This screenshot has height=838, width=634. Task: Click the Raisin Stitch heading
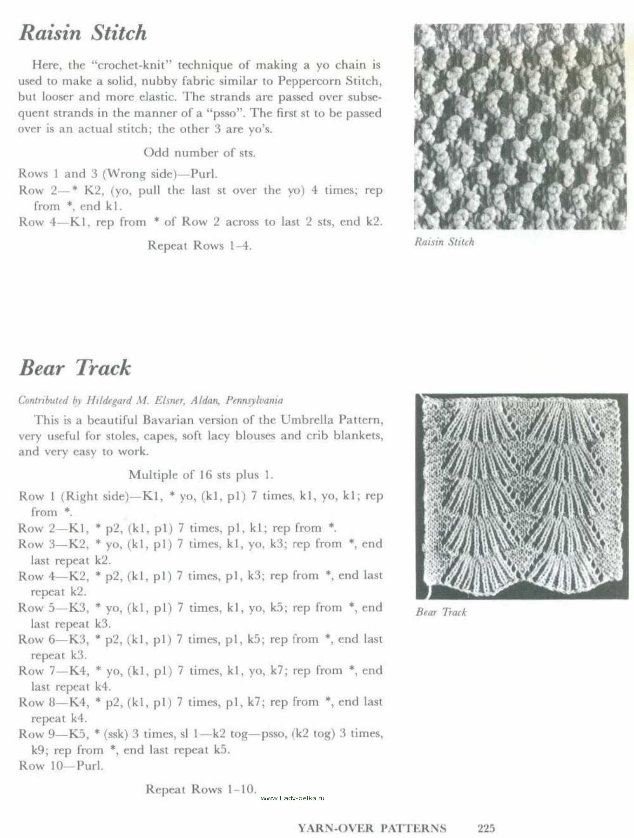(x=83, y=33)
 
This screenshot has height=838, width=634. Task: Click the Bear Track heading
(x=75, y=368)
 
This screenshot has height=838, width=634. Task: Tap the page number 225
(x=486, y=828)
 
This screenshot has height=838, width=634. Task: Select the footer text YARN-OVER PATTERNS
(x=371, y=828)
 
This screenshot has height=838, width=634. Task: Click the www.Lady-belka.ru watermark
(x=292, y=798)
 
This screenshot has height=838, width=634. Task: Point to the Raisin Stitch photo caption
(x=444, y=242)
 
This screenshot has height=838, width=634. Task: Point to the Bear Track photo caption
(x=441, y=612)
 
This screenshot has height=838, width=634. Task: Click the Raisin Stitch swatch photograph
(x=519, y=127)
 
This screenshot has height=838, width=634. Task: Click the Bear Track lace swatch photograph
(x=521, y=496)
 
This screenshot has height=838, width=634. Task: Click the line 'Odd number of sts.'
(x=199, y=153)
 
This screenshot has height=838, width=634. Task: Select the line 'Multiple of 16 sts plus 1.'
(x=201, y=475)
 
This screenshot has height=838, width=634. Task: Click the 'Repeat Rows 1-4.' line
(x=199, y=245)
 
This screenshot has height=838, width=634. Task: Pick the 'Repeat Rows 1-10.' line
(x=201, y=789)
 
